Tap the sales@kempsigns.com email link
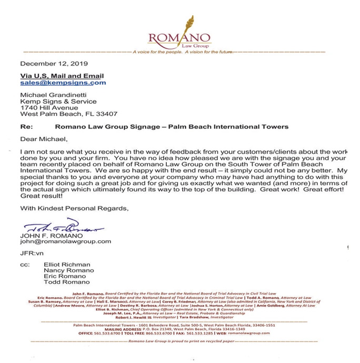click(63, 83)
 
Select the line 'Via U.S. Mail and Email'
click(62, 76)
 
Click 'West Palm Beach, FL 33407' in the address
click(68, 113)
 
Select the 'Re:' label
click(26, 127)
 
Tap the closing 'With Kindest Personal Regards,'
click(75, 209)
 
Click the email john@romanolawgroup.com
click(66, 241)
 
